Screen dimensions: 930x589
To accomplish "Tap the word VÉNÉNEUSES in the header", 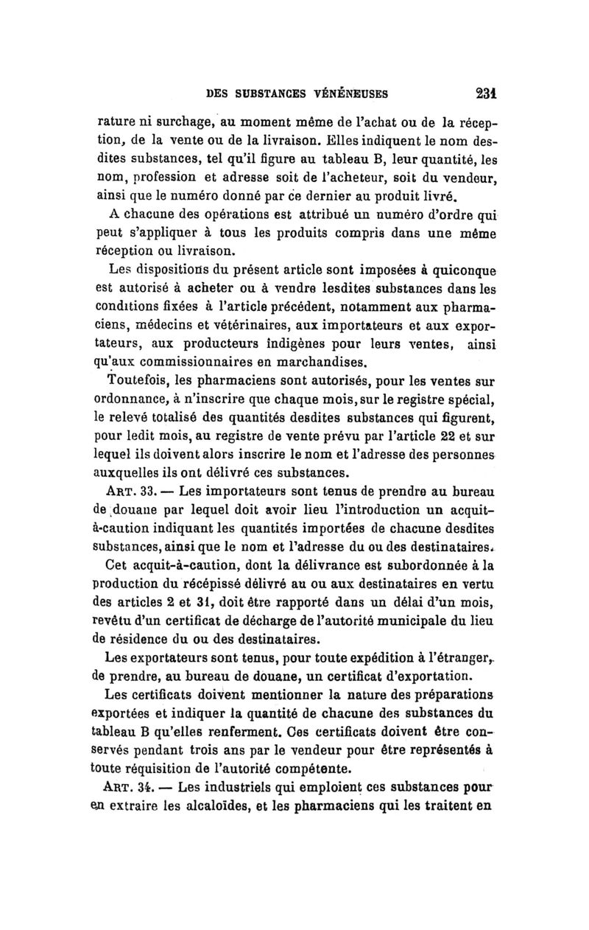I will pyautogui.click(x=346, y=94).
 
